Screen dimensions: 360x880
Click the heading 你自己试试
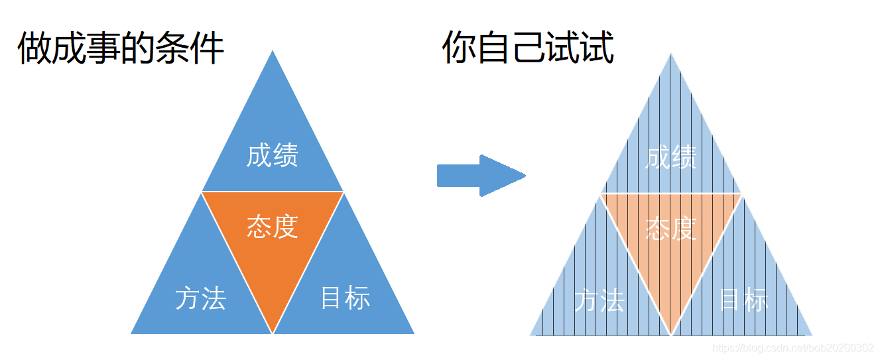point(528,48)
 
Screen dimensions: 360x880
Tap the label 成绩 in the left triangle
point(273,156)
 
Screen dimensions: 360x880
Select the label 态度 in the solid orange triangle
point(273,226)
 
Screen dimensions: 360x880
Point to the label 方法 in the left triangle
point(201,298)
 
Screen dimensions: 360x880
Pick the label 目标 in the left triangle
point(345,298)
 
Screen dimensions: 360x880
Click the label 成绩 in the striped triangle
point(671,158)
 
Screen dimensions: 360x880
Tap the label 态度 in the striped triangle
point(671,229)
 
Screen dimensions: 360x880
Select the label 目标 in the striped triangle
point(743,300)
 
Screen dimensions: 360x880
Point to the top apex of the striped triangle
point(671,55)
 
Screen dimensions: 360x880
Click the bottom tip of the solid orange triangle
point(273,332)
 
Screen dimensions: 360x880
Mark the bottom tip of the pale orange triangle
point(671,334)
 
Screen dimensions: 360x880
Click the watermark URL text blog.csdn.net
point(793,348)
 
